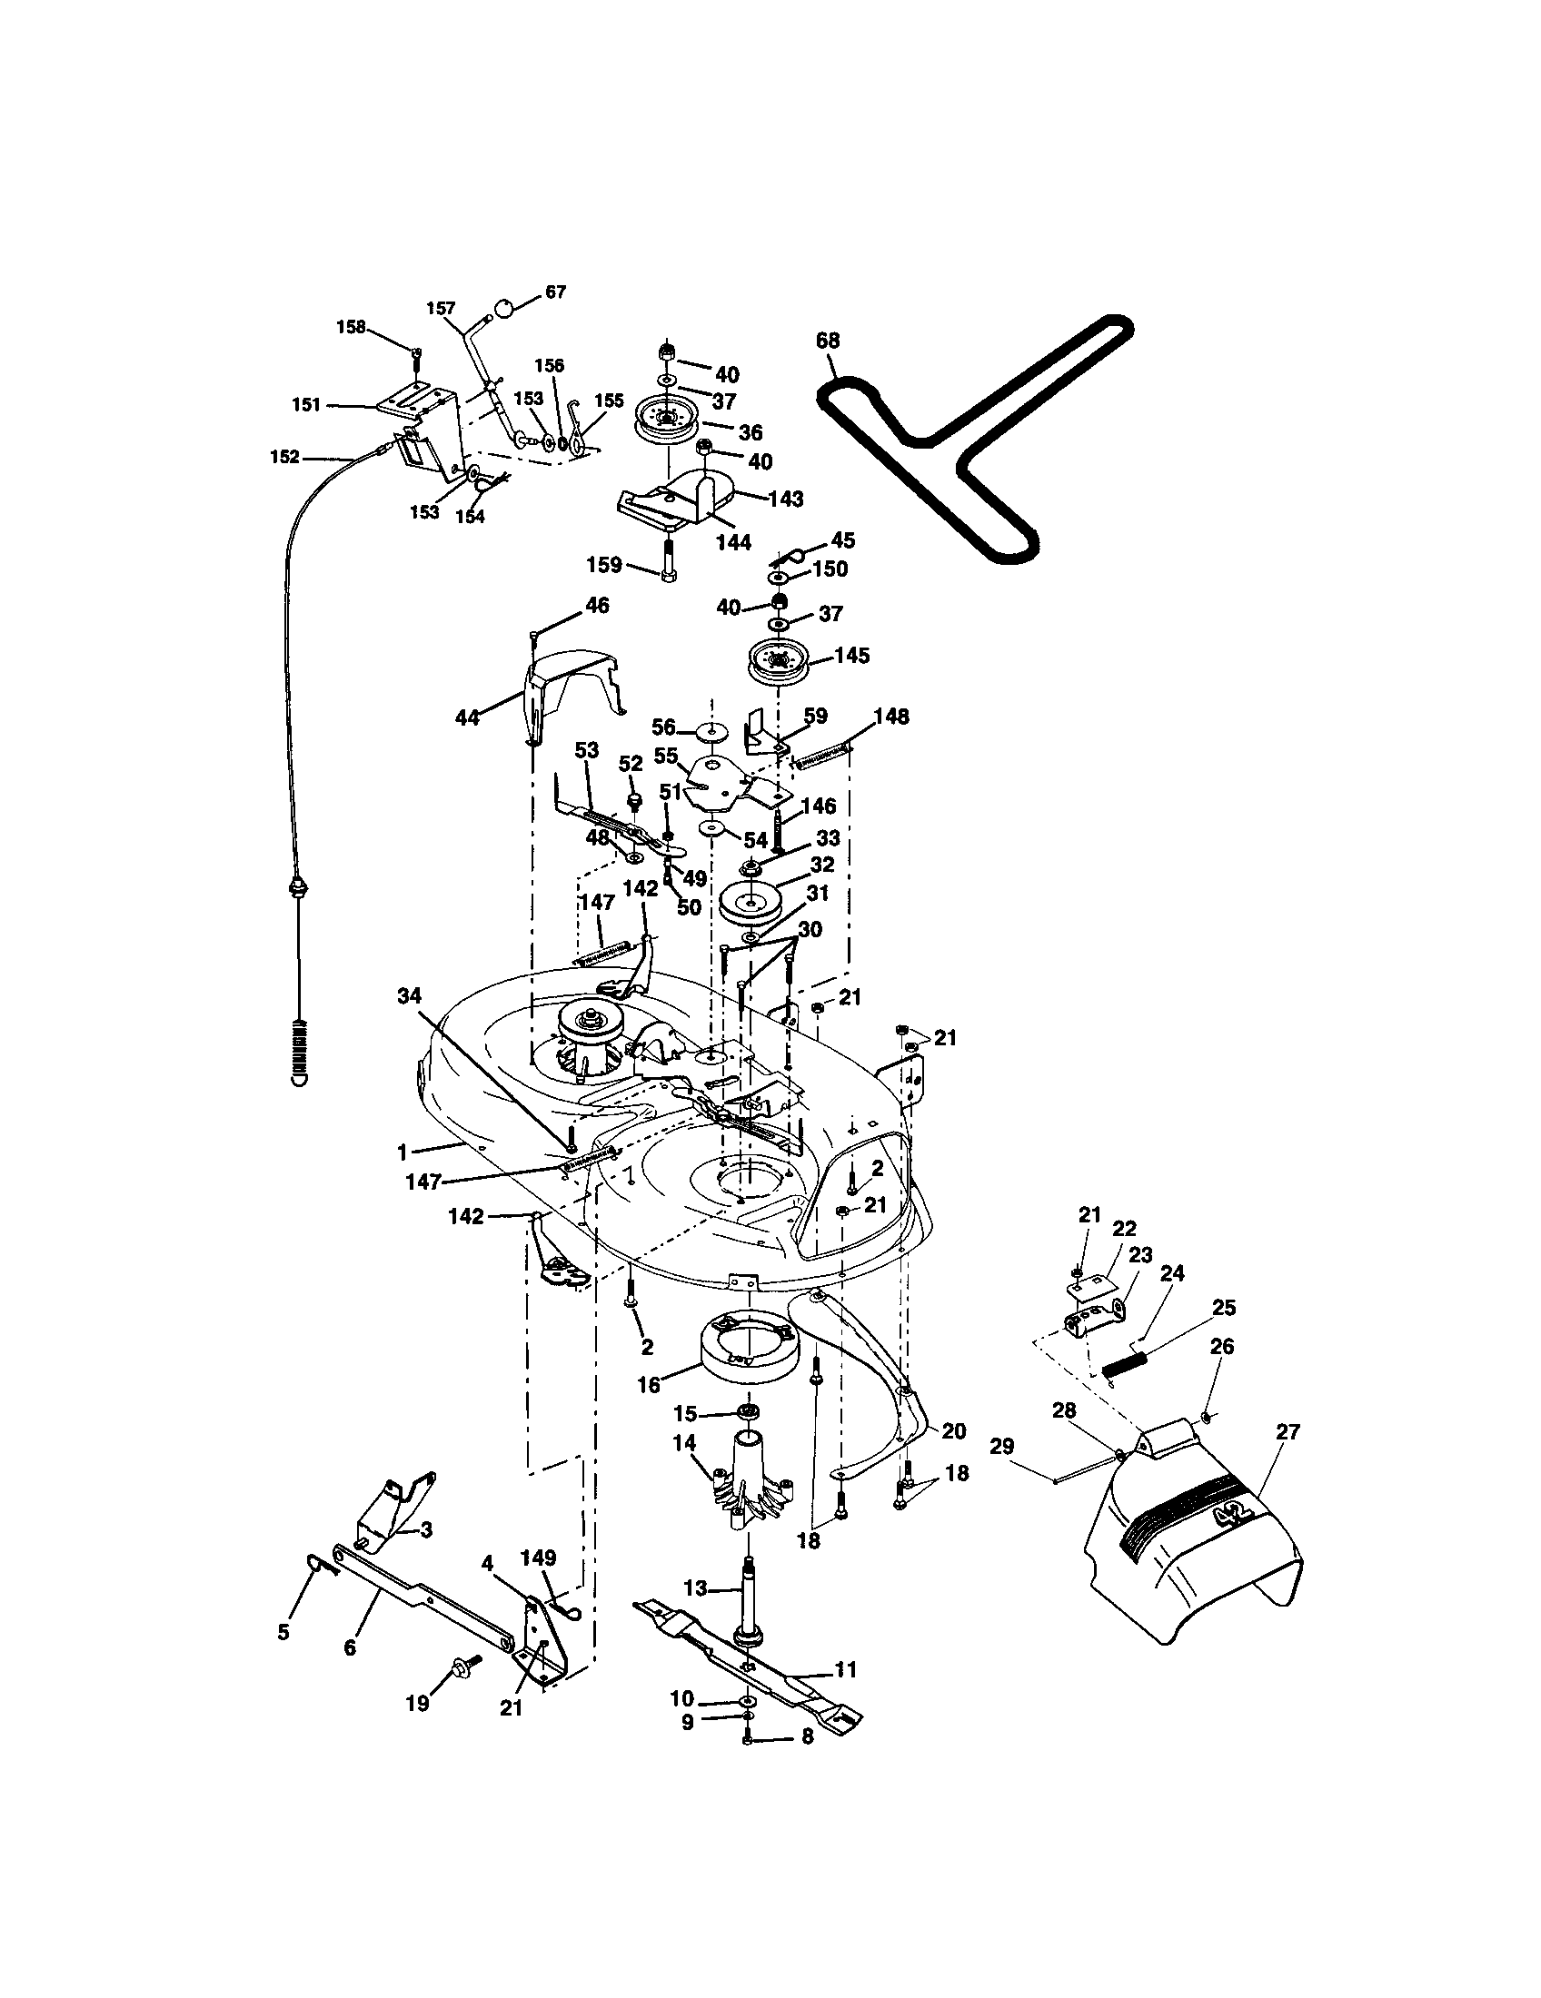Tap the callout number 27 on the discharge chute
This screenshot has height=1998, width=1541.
[1287, 1432]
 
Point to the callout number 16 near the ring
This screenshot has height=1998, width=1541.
[648, 1385]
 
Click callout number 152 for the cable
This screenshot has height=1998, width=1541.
[285, 457]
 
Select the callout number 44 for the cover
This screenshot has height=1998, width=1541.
[467, 718]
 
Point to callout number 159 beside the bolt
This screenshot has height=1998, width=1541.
[604, 565]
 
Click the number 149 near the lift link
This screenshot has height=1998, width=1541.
[538, 1558]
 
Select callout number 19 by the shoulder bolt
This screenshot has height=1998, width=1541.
[417, 1704]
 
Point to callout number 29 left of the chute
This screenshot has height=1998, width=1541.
[1002, 1447]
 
